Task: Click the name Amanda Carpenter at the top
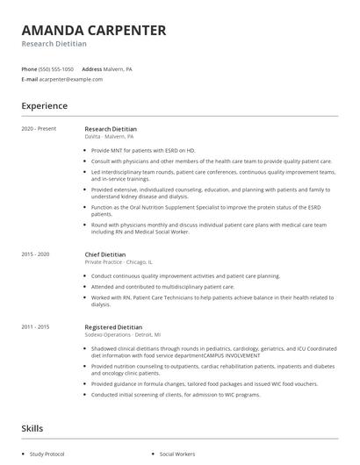tap(93, 30)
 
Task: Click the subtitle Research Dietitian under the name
tap(54, 44)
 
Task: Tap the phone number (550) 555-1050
tap(56, 68)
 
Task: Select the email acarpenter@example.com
tap(70, 79)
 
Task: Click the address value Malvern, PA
tap(119, 68)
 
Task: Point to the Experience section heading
tap(45, 106)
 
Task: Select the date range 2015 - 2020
tap(36, 254)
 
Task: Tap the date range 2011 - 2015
tap(36, 326)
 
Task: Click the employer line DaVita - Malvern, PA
tap(110, 137)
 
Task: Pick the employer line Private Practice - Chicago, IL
tap(119, 261)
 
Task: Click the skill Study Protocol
tap(47, 454)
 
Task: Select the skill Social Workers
tap(178, 454)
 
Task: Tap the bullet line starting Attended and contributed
tap(150, 287)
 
